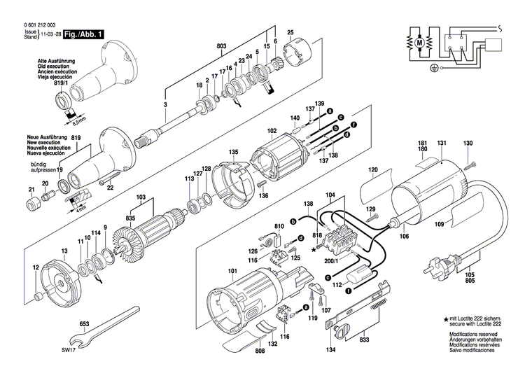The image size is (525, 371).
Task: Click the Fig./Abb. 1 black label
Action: (82, 34)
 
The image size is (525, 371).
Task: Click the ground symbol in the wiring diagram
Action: (433, 69)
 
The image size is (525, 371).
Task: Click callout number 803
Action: (222, 46)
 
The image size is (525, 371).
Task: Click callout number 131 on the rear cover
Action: (441, 144)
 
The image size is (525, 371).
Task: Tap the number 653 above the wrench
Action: (83, 325)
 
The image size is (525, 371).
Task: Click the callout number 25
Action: (290, 31)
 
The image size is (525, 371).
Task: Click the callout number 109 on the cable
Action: (439, 225)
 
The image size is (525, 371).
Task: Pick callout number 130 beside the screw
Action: (467, 144)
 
